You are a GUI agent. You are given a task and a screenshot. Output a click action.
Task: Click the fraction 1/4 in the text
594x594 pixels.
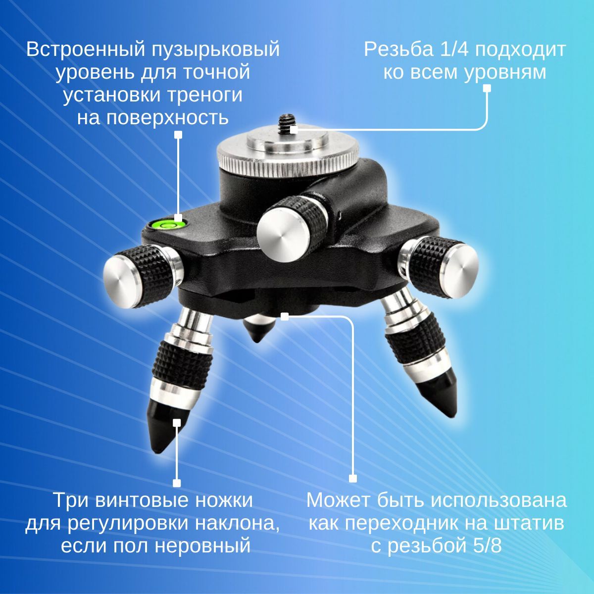click(454, 49)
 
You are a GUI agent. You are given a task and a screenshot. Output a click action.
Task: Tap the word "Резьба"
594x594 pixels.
click(399, 49)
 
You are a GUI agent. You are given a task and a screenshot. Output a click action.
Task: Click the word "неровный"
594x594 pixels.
click(202, 546)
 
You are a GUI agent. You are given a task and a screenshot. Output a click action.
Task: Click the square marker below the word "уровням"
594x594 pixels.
click(487, 88)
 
